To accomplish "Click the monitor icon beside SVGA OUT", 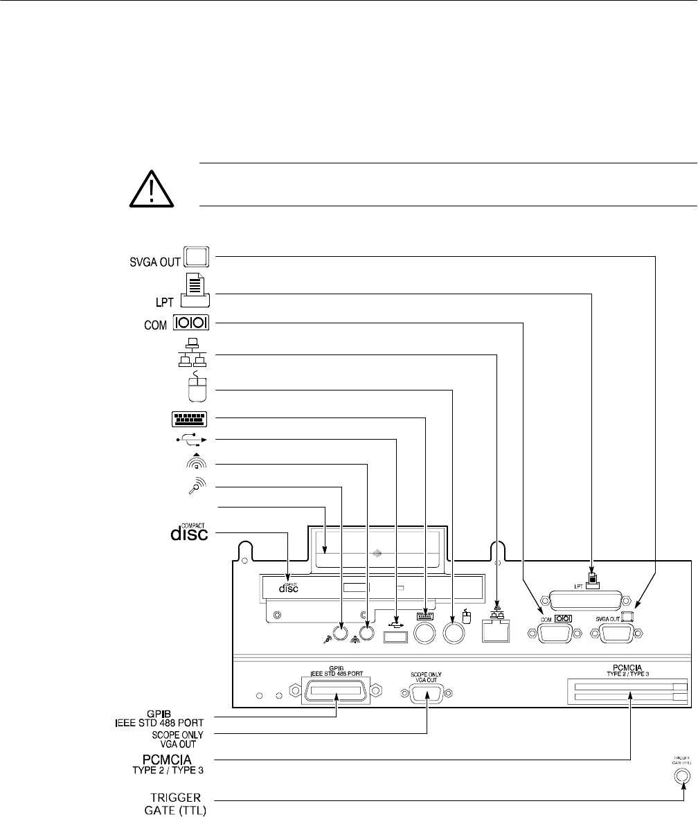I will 197,257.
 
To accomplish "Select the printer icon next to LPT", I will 196,289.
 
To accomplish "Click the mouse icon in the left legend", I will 197,390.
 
